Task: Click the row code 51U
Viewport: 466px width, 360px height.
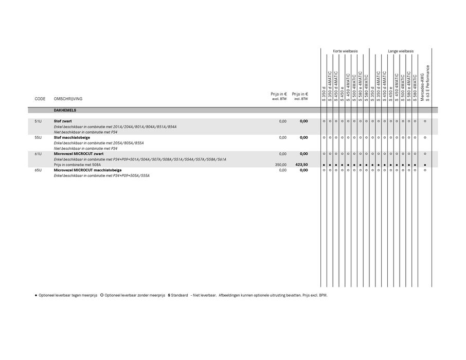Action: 38,121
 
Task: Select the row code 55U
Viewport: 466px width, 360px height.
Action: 38,137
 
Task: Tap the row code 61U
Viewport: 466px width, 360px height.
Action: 38,154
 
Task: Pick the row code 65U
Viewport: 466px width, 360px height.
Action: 38,170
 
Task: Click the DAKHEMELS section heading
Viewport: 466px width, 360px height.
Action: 65,110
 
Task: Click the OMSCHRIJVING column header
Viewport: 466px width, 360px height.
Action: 68,99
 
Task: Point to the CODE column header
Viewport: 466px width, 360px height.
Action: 40,99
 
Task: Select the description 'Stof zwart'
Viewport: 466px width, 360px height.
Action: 63,121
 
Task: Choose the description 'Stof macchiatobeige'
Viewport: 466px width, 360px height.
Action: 71,137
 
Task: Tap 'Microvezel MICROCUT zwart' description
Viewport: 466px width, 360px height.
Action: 79,154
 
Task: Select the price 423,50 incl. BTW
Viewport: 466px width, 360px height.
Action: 301,165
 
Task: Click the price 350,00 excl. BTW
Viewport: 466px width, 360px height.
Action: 280,165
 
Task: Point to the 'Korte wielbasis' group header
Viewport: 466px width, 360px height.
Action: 345,51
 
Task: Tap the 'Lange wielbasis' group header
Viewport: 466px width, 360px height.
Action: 401,51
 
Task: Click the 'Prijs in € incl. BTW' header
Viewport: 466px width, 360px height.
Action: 300,96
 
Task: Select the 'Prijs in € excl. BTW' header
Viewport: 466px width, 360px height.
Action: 279,96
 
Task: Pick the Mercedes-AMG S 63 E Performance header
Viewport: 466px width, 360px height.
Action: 425,83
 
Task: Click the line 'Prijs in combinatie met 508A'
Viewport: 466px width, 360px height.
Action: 77,165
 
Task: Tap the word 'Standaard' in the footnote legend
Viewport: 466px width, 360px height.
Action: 180,295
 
